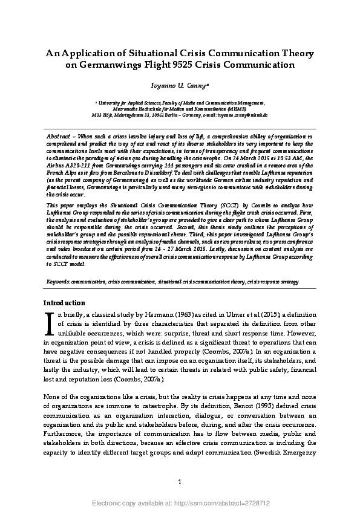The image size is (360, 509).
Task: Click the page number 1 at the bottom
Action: pyautogui.click(x=180, y=481)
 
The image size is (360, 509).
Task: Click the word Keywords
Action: pyautogui.click(x=58, y=282)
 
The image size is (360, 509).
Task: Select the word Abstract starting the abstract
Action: pyautogui.click(x=60, y=137)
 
